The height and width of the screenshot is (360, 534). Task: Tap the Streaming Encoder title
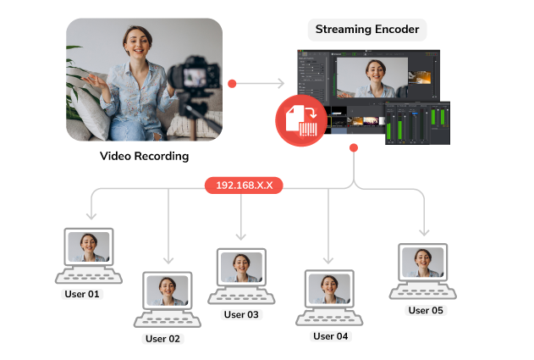click(x=367, y=30)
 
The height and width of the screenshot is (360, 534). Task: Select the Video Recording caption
click(x=145, y=156)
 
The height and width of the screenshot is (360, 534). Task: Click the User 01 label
click(x=82, y=294)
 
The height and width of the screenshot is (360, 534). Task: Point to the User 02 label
click(x=162, y=338)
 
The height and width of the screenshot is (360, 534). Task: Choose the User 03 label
click(x=241, y=314)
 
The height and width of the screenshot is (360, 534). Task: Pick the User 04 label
click(x=330, y=335)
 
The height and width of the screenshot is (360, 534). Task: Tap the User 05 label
click(x=426, y=310)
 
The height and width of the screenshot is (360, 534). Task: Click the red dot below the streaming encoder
click(x=353, y=147)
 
